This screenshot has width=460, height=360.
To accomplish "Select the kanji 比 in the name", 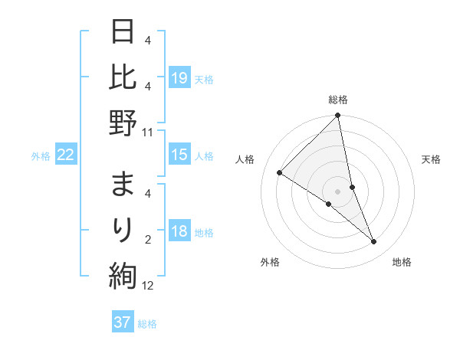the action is click(x=123, y=78).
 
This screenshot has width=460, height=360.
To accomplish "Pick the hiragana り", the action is click(x=123, y=229).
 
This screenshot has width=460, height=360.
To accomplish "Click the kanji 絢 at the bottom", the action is click(x=123, y=275).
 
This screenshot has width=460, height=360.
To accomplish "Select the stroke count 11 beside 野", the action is click(x=148, y=132).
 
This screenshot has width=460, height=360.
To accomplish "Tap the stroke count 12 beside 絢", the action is click(x=148, y=286).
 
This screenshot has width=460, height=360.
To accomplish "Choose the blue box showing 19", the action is click(x=179, y=77).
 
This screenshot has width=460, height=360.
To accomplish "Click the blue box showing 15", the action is click(x=179, y=155).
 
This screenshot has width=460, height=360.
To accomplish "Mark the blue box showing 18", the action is click(x=179, y=231).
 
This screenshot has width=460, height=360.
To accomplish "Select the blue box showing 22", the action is click(x=66, y=155).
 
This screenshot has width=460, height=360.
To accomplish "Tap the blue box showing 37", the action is click(x=123, y=322).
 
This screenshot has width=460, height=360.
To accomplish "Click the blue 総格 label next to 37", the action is click(x=147, y=324).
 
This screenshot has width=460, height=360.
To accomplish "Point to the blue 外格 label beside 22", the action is click(x=41, y=156).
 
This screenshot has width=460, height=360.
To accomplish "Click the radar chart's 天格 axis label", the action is click(x=432, y=159).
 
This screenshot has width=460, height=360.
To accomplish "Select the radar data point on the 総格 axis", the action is click(x=338, y=116).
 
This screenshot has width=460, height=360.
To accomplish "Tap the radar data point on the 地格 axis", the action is click(x=374, y=242).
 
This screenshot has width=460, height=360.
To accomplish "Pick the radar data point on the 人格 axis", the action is click(x=279, y=173).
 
